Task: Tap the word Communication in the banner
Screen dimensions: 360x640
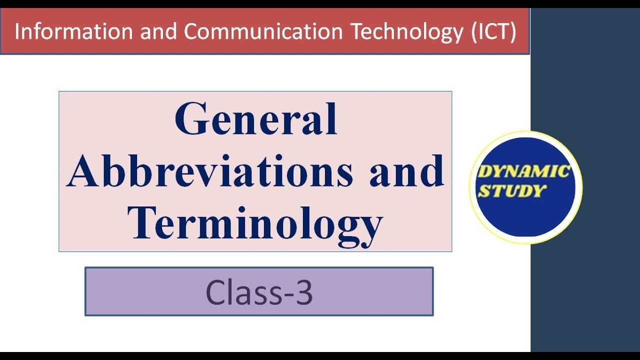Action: point(263,32)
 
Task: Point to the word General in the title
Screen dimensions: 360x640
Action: point(255,120)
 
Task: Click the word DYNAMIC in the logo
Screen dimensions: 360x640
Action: point(523,172)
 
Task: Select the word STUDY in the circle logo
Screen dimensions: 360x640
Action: point(510,190)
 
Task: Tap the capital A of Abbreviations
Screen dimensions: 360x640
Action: point(83,171)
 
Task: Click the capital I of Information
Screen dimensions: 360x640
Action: point(17,32)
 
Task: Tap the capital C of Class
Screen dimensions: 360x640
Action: point(215,292)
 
